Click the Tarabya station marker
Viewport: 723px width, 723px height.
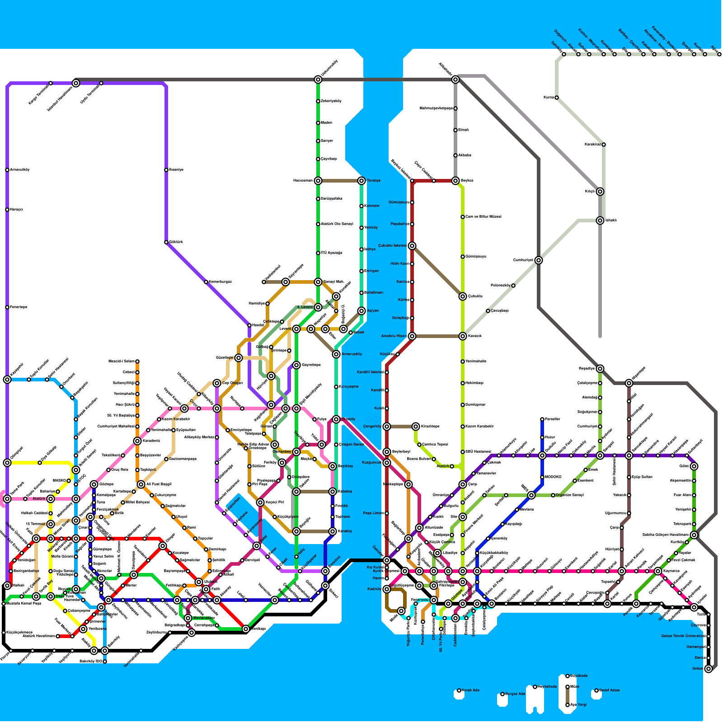[x=361, y=181]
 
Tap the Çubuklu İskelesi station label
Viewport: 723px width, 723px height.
[x=392, y=245]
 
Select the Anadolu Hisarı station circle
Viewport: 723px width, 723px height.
[x=412, y=336]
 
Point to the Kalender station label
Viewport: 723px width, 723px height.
[x=372, y=206]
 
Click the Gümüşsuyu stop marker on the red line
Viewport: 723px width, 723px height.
[x=412, y=202]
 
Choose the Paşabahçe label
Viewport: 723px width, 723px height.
[x=400, y=224]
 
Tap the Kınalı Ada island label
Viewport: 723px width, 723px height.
[x=470, y=690]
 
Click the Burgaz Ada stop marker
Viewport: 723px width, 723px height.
[x=502, y=694]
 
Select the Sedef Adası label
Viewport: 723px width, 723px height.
[x=610, y=690]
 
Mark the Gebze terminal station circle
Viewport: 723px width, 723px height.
[x=709, y=669]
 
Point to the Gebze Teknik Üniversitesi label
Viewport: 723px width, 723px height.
[x=683, y=636]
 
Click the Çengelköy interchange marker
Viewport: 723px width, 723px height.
[x=387, y=427]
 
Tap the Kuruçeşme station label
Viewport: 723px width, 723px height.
[x=348, y=386]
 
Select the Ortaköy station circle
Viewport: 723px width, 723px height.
[x=336, y=419]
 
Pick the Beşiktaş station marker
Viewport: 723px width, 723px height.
[x=333, y=466]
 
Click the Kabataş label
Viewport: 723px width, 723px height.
[x=345, y=491]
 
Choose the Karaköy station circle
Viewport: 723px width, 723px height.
[x=333, y=531]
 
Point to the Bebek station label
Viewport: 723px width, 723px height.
[x=358, y=332]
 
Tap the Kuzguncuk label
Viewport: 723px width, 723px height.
[x=372, y=462]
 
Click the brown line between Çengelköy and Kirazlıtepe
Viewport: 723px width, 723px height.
[x=401, y=427]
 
